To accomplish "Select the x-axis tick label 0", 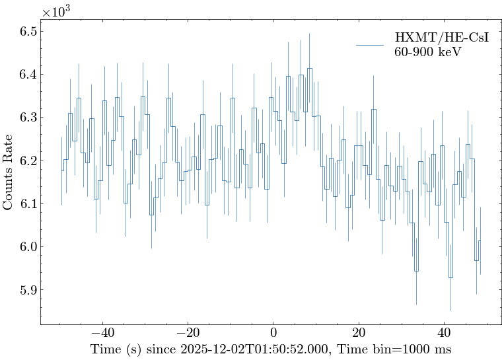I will (x=273, y=334).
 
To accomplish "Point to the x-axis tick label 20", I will (x=358, y=334).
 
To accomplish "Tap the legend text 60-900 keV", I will (x=427, y=52).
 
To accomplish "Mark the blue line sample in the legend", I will (x=370, y=44).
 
